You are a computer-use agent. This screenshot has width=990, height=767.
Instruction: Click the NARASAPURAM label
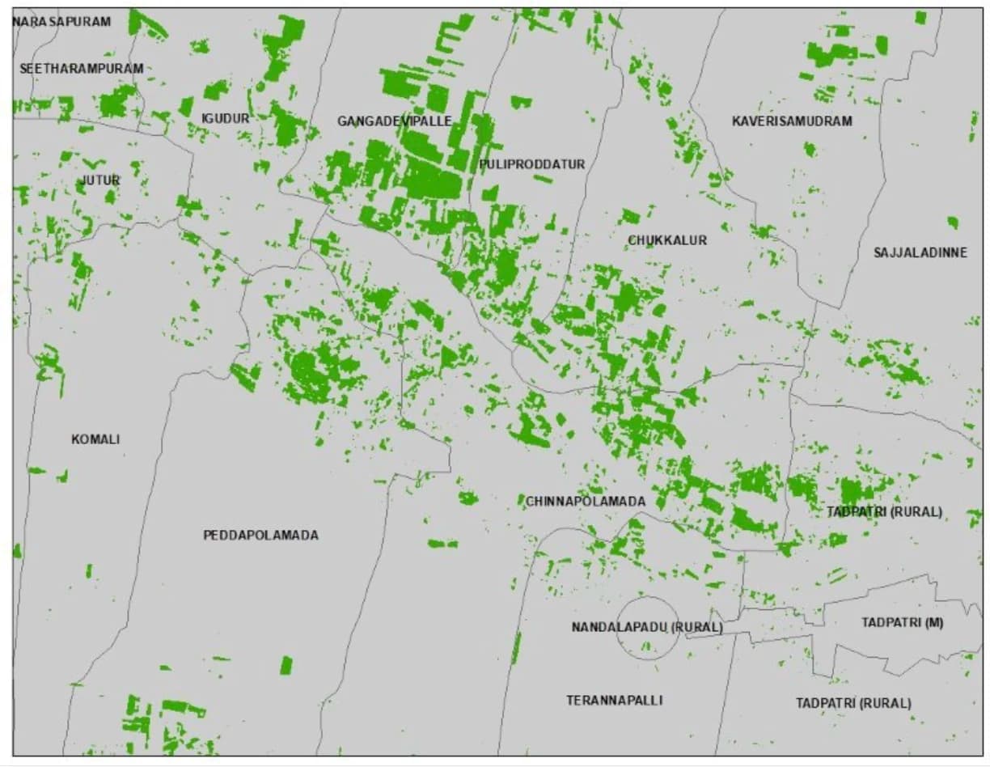(x=61, y=21)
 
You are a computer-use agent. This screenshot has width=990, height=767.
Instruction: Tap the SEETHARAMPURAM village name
(x=81, y=69)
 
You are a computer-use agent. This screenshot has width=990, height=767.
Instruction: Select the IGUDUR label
(x=225, y=118)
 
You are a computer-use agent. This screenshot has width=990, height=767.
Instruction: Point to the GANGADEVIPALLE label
(x=394, y=121)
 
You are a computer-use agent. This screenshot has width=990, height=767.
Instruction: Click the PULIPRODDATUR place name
(x=531, y=164)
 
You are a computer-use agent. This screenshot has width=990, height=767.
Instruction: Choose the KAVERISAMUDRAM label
(x=792, y=121)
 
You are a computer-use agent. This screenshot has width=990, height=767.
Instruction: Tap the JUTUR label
(x=100, y=180)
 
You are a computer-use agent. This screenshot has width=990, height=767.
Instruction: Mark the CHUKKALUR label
(x=667, y=240)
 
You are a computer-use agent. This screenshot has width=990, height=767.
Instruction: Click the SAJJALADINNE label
(x=920, y=252)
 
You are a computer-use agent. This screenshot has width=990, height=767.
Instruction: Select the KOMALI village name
(x=95, y=439)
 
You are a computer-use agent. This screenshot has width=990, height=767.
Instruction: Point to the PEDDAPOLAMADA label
(x=260, y=535)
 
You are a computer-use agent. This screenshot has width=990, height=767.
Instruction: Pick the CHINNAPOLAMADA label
(x=586, y=502)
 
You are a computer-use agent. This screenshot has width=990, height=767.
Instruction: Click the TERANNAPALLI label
(x=614, y=700)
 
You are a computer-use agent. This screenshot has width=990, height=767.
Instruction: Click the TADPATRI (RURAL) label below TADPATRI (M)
(x=852, y=703)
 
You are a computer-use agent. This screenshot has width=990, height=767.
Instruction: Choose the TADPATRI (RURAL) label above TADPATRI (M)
(x=884, y=512)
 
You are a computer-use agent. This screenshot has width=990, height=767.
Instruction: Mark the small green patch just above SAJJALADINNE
(x=953, y=222)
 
